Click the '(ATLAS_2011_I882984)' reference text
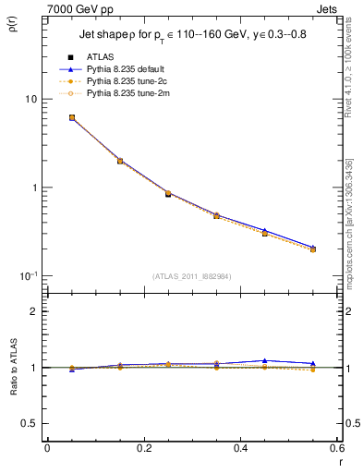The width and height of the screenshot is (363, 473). pos(190,276)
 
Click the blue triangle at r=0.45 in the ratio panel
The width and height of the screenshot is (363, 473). pos(264,360)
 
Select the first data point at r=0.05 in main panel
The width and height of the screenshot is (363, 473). pos(72,117)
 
